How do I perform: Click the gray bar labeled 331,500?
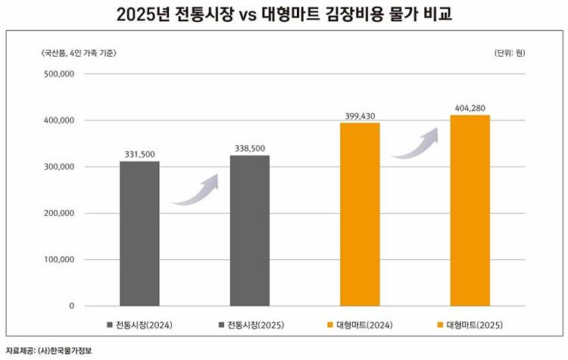point(139,233)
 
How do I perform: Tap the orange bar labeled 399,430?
point(360,214)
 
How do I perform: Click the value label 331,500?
point(139,154)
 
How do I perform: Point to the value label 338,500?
point(250,148)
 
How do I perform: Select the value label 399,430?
point(360,115)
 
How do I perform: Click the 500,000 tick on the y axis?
point(58,74)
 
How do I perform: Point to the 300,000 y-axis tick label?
point(58,167)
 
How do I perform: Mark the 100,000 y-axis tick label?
point(58,260)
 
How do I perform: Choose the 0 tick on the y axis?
point(71,306)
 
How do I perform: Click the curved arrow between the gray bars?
point(195,191)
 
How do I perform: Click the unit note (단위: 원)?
point(510,52)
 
